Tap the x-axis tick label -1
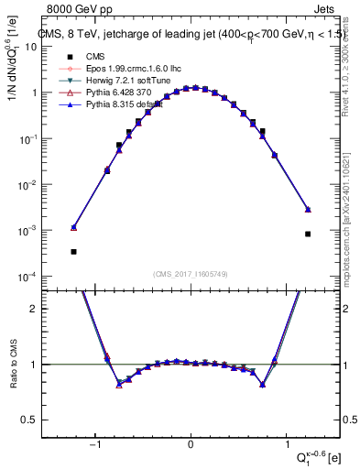94,446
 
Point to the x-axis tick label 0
191,446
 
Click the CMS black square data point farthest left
73,251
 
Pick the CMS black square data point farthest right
308,234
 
